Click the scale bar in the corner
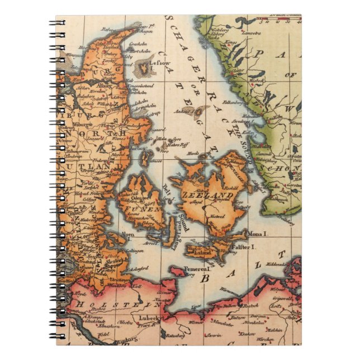coord(282,20)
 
